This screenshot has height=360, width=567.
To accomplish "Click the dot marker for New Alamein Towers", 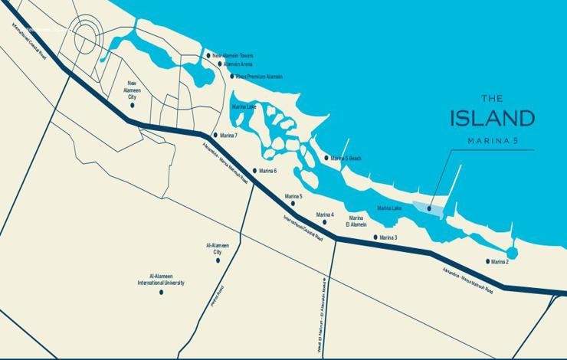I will (x=208, y=55).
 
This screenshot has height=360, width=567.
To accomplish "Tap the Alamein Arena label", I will (x=237, y=64).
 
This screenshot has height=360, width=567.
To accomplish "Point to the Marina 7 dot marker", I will (x=215, y=135).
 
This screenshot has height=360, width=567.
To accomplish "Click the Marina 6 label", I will (x=268, y=171).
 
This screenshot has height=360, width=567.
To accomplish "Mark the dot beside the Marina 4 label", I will (x=325, y=222).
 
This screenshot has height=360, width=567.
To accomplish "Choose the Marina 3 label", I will (x=388, y=237).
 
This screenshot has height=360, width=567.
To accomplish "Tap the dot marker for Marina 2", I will (x=487, y=261).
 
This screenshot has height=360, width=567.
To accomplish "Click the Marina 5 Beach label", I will (x=346, y=159).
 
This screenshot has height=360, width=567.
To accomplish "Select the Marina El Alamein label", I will (x=357, y=221).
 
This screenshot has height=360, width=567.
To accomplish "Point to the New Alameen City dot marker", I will (x=133, y=105).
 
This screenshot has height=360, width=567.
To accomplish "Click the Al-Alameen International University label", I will (x=161, y=280).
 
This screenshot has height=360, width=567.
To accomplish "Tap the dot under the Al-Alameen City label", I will (x=218, y=260).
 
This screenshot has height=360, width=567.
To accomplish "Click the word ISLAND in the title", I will (x=492, y=119).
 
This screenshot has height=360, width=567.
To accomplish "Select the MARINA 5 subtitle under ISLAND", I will (x=492, y=141).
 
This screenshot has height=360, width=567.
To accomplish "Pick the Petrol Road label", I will (x=218, y=296).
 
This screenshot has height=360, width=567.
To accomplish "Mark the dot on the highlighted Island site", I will (x=429, y=208).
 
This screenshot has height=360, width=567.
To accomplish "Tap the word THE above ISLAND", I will (x=492, y=98).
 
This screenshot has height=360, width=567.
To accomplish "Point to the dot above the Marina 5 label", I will (x=293, y=204).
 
